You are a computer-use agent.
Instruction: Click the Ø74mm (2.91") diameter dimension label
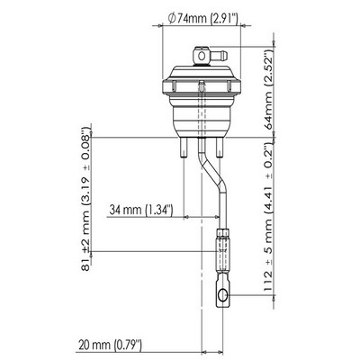point(203,19)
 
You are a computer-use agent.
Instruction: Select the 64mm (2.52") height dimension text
point(268,89)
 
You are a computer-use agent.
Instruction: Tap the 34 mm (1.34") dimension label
point(140,210)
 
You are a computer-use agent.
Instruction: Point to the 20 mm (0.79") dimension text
point(110,345)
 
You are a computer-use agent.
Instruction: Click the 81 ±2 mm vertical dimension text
point(85,200)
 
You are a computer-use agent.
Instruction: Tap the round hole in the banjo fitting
point(202,56)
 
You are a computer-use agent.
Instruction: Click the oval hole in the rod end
point(222,295)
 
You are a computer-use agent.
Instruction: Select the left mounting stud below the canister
point(184,148)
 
